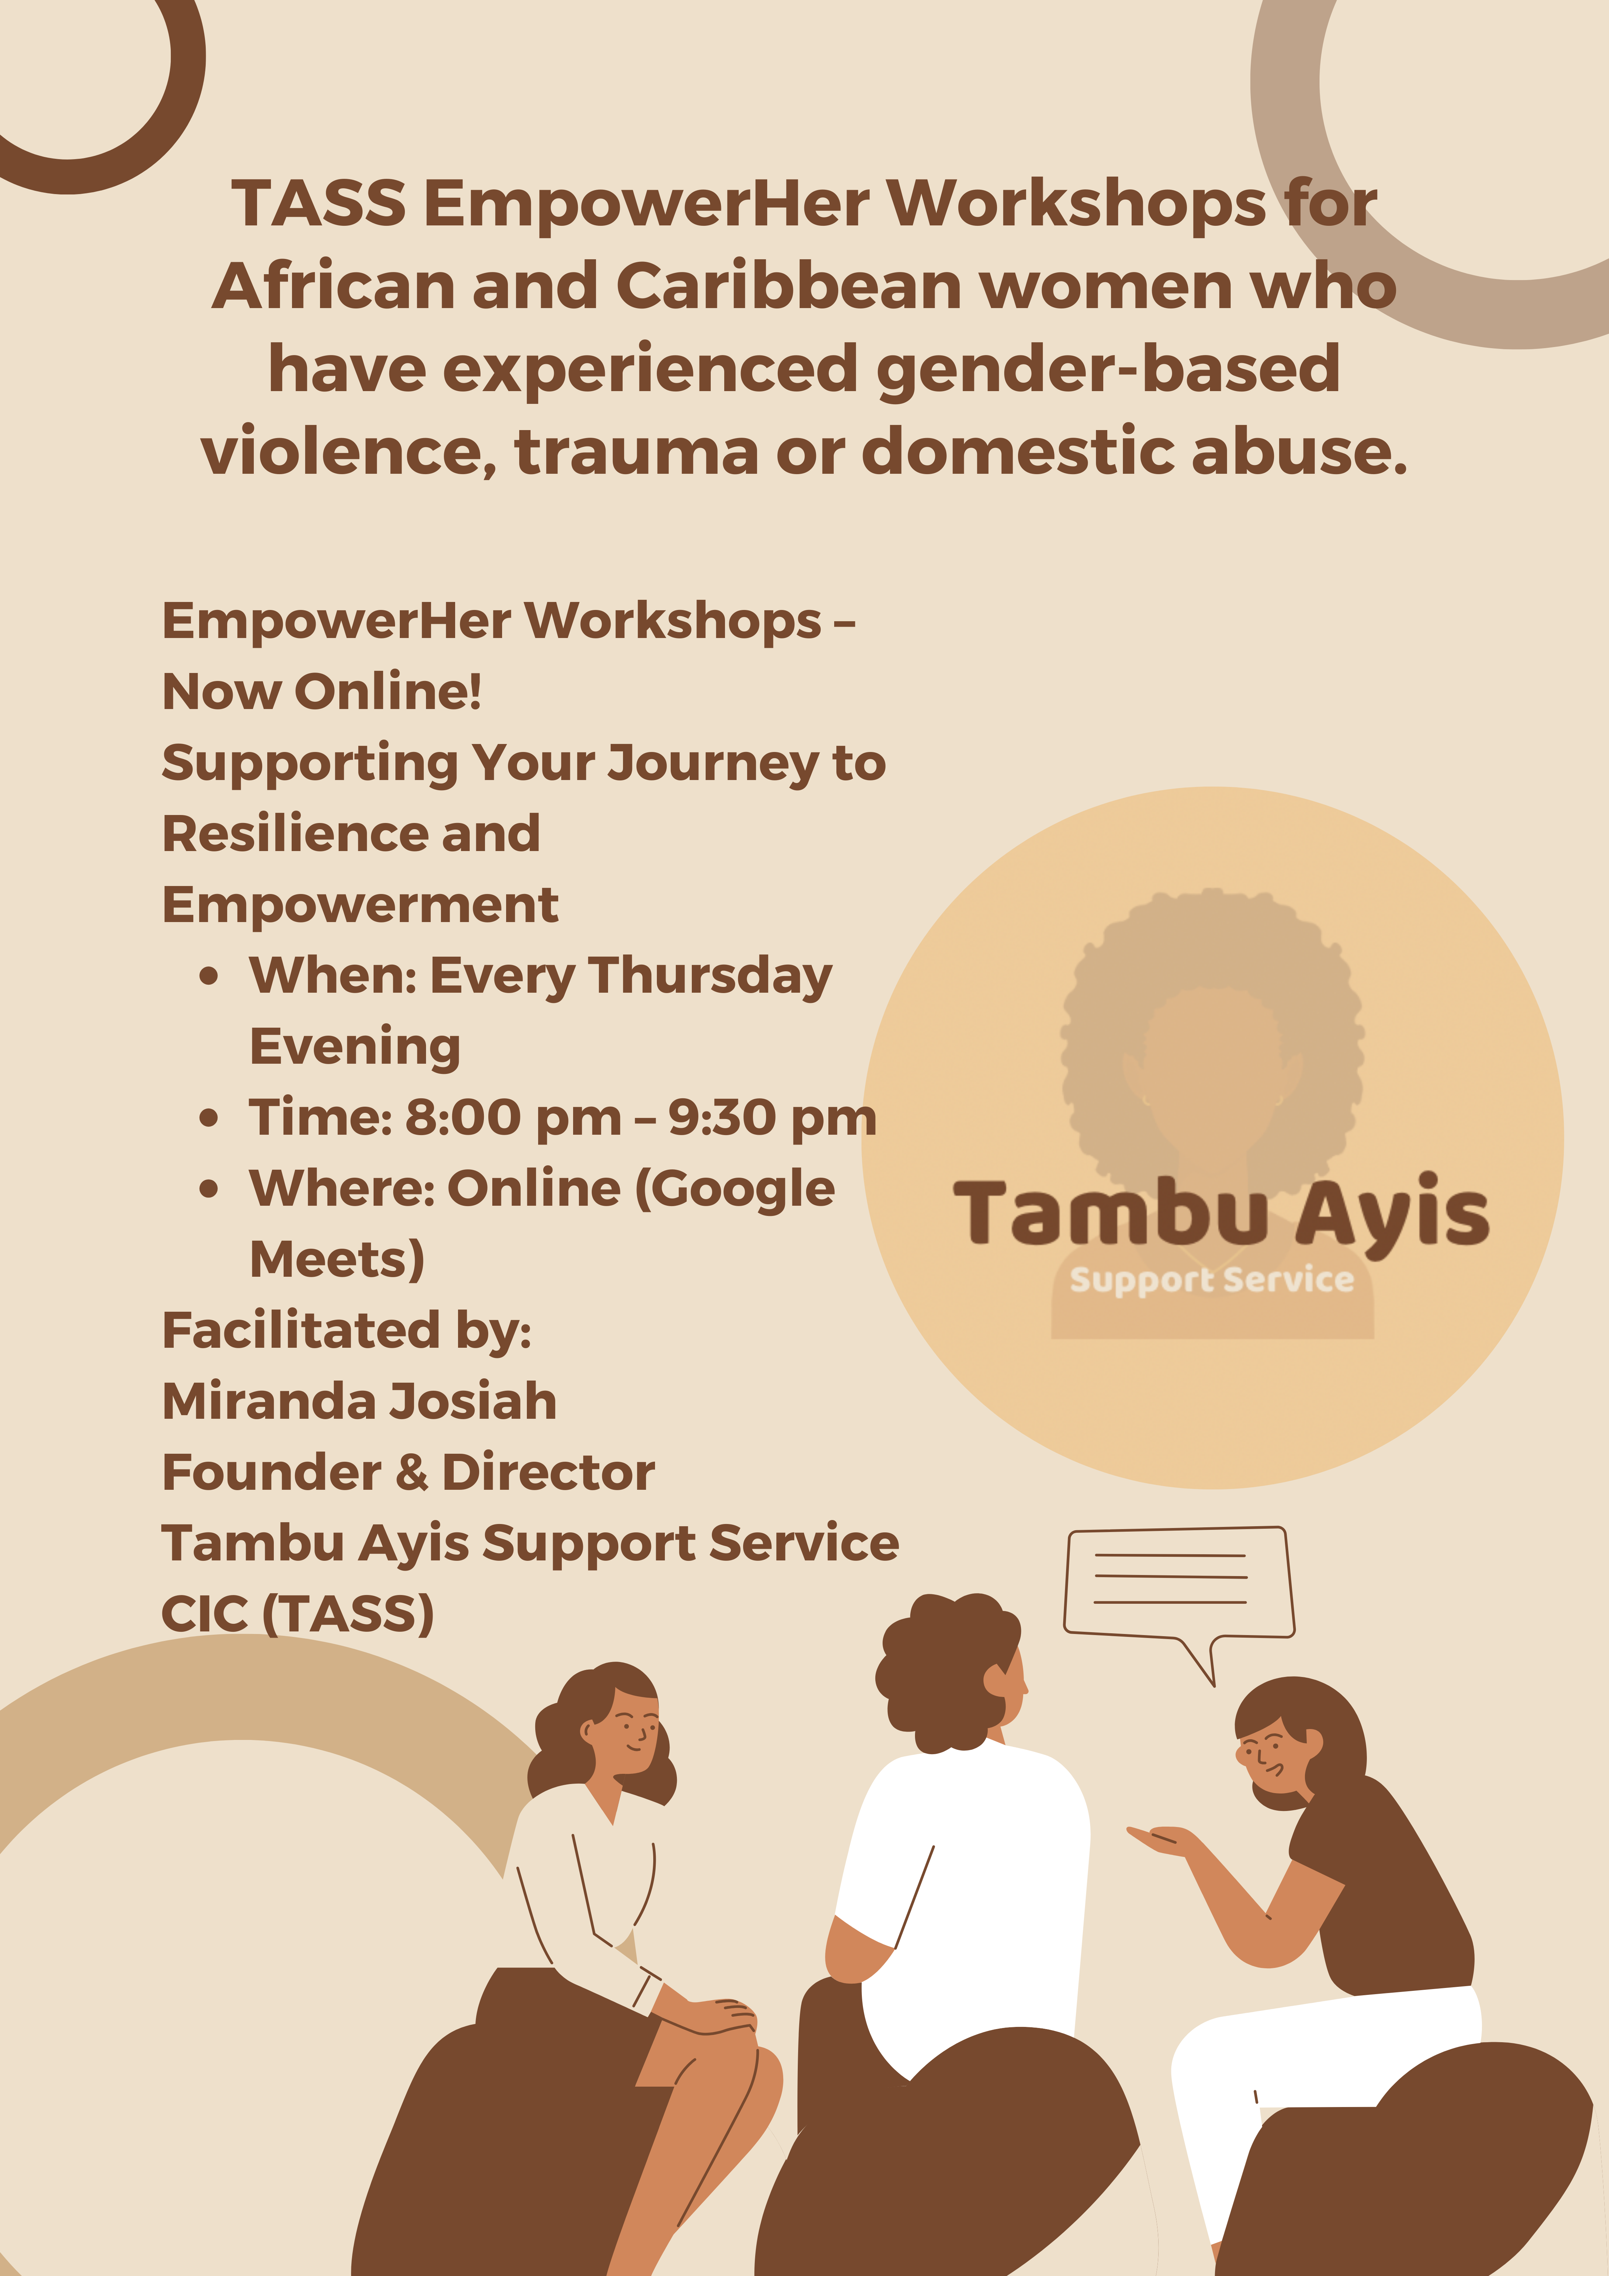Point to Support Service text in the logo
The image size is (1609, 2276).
(1211, 1280)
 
